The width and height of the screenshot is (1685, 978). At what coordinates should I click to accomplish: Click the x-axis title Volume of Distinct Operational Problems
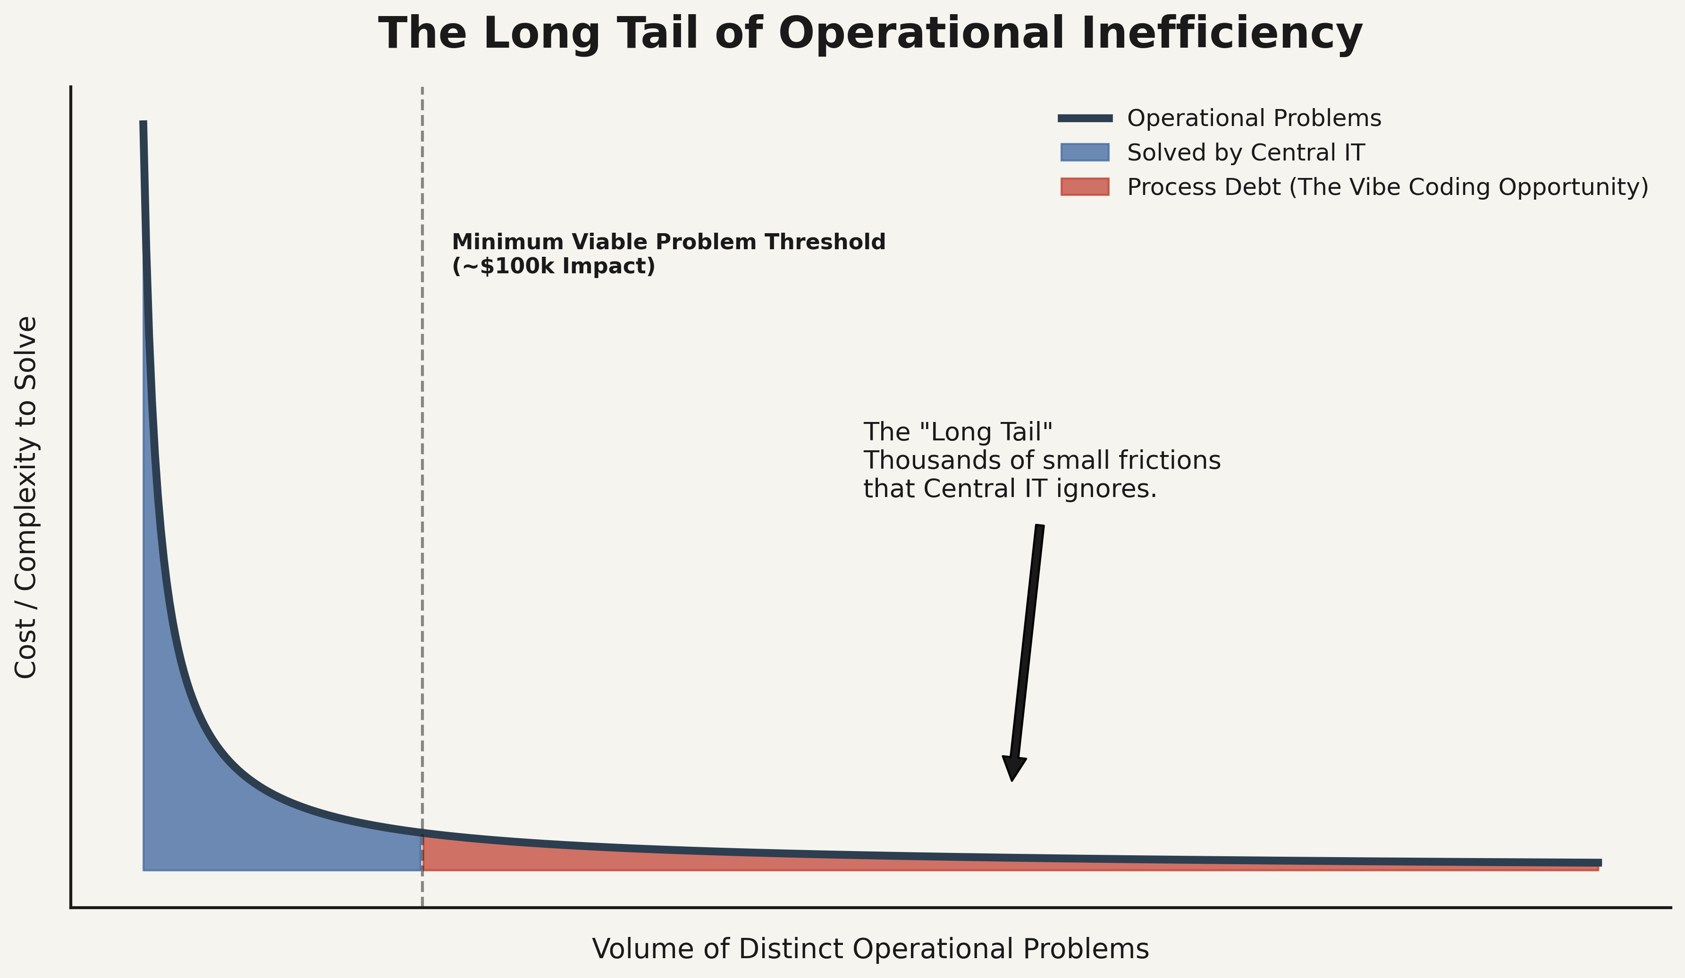870,949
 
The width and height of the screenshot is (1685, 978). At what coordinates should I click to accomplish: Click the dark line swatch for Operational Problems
1085,118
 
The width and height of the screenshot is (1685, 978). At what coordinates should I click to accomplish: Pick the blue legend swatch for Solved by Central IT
1085,152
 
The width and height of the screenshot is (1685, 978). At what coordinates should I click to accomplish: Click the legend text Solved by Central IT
1246,153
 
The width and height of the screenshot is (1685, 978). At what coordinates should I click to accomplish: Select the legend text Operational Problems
1254,118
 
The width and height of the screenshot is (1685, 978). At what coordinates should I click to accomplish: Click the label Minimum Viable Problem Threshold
669,242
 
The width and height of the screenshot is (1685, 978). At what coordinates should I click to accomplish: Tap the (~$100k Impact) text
554,266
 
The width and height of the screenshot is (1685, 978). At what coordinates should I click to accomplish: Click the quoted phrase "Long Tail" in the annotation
986,432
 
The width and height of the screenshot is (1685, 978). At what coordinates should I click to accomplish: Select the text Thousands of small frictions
1042,461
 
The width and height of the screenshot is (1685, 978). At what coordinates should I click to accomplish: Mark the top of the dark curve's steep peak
143,124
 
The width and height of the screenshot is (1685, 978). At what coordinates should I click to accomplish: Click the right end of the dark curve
1598,863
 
